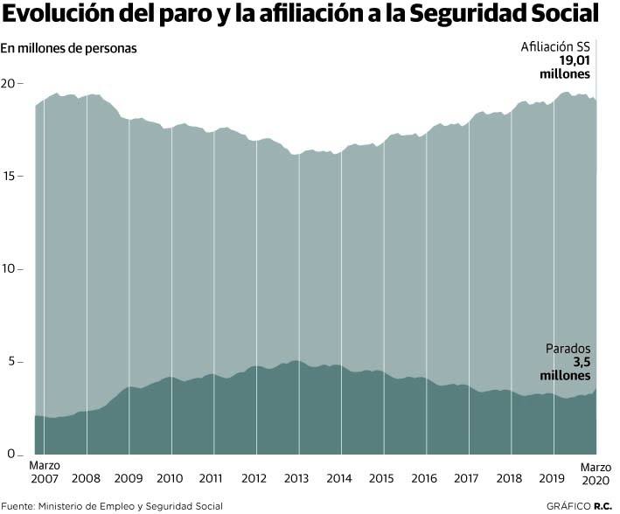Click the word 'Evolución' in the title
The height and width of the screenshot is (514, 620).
tap(61, 15)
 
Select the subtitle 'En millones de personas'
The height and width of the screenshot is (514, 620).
tap(69, 49)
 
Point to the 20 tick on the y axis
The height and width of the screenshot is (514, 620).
tap(10, 84)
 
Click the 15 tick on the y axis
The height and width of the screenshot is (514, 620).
tap(10, 177)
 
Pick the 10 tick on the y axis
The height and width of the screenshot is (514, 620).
tap(10, 269)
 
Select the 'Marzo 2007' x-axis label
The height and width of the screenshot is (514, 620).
tap(45, 472)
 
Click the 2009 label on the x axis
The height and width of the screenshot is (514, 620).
tap(129, 479)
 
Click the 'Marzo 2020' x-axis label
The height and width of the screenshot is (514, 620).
tap(596, 472)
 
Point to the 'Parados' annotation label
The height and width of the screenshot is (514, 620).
tap(573, 347)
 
